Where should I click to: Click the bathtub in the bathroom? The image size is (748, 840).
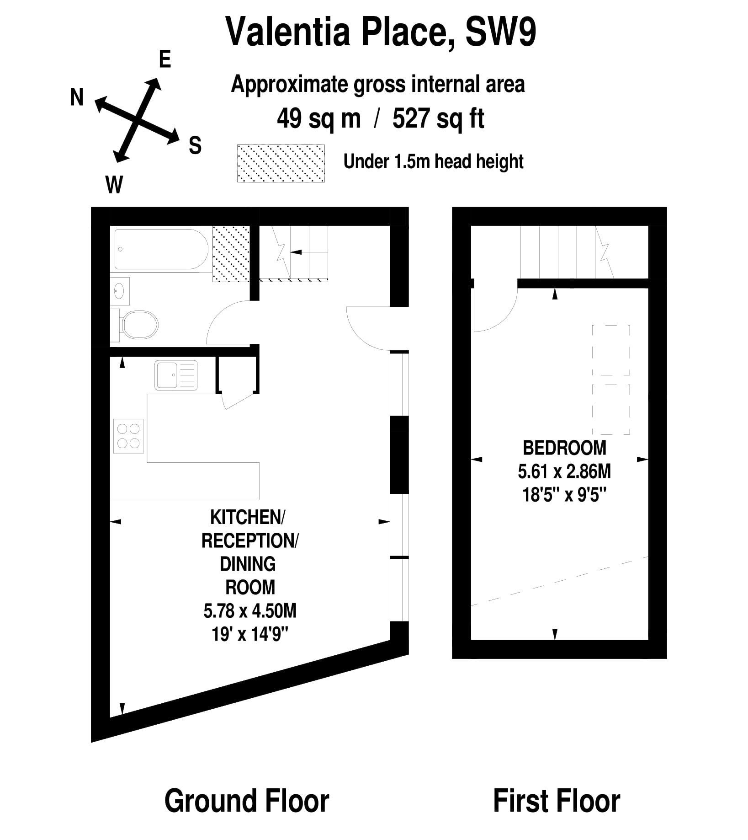coord(161,249)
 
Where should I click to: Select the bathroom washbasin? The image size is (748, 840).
coord(120,291)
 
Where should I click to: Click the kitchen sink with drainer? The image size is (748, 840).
coord(176,375)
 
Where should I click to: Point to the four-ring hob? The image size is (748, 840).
coord(128,436)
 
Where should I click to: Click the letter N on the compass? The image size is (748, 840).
coord(77,97)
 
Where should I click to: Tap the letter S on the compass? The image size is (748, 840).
coord(195,146)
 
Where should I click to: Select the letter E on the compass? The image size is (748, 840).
coord(165,59)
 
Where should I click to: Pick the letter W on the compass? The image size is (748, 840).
coord(114,185)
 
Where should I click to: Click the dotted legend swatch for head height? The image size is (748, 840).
coord(281,163)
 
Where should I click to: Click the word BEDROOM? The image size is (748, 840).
coord(564,448)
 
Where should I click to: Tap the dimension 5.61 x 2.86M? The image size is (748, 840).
coord(564,471)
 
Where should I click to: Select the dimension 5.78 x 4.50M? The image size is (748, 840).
coord(250,610)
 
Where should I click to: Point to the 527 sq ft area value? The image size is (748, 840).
coord(438,119)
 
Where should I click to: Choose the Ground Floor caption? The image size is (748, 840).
coord(247,801)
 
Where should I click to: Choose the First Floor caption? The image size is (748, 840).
coord(557,801)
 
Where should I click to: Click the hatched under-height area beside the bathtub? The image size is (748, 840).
coord(231,254)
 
